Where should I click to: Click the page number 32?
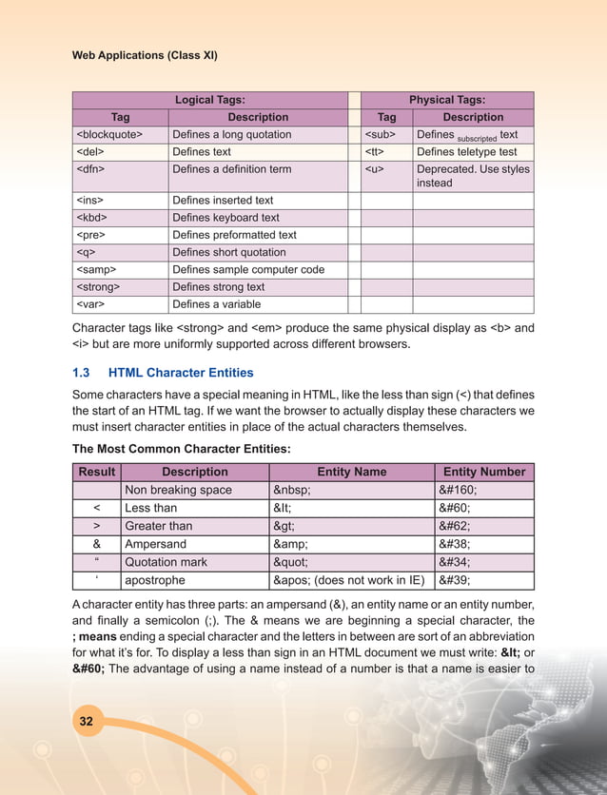(86, 722)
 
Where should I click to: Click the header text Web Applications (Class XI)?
(145, 55)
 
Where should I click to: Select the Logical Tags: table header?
(210, 100)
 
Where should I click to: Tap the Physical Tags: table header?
(446, 100)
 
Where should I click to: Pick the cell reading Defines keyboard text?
(225, 218)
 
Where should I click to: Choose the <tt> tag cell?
(375, 152)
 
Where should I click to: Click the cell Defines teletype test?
(466, 152)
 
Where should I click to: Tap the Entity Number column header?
(483, 472)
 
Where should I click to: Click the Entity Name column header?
(351, 472)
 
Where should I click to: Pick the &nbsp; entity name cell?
(298, 490)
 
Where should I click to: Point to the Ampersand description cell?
(158, 544)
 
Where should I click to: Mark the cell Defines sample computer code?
(247, 270)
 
